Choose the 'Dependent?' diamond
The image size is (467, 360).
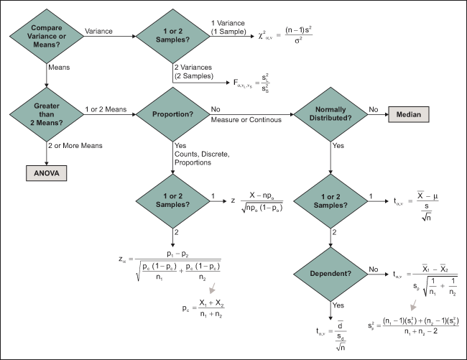[x=329, y=274]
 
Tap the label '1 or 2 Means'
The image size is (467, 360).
[x=107, y=109]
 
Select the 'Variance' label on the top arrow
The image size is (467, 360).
[x=98, y=32]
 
